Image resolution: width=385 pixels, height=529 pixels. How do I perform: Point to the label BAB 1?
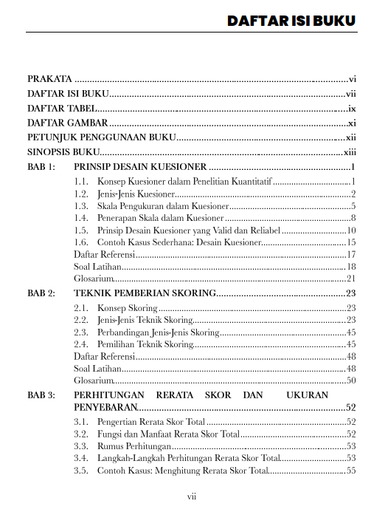point(41,167)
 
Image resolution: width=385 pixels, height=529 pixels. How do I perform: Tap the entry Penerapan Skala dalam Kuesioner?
point(160,218)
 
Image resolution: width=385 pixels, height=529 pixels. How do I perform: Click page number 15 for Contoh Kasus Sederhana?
point(351,242)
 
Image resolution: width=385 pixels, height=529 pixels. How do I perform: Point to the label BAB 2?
point(41,293)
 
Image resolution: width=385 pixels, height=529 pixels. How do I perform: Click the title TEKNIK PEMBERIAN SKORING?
point(144,293)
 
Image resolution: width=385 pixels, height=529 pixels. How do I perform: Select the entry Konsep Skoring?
point(126,308)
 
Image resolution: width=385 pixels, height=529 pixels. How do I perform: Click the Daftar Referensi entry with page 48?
point(103,356)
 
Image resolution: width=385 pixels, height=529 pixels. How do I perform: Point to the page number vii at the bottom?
point(192,496)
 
